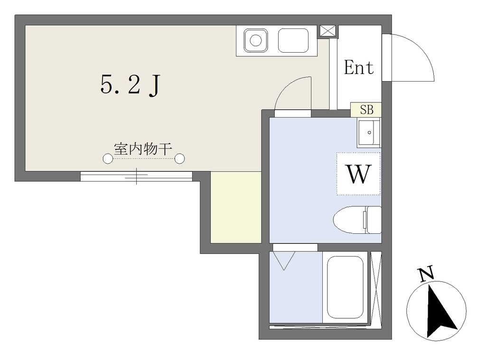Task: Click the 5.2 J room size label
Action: [130, 85]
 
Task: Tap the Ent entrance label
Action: [359, 67]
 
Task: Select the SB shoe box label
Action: [366, 110]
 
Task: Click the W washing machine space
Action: [358, 174]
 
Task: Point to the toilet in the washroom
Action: [357, 220]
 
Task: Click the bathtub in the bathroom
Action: [346, 287]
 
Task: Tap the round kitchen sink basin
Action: [256, 41]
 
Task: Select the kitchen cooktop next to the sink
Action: [293, 41]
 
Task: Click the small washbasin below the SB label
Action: [369, 133]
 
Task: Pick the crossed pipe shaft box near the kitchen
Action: [327, 31]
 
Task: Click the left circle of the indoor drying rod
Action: [108, 158]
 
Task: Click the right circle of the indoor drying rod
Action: [179, 158]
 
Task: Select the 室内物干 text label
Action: [143, 149]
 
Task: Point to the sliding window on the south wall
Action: [136, 176]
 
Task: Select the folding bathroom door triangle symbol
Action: [284, 260]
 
